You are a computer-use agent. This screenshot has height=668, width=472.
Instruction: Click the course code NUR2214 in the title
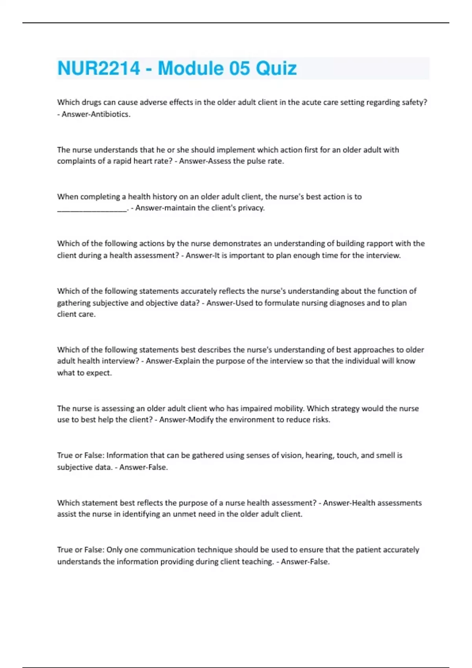click(98, 68)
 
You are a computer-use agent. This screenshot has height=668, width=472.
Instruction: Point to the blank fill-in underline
click(92, 209)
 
